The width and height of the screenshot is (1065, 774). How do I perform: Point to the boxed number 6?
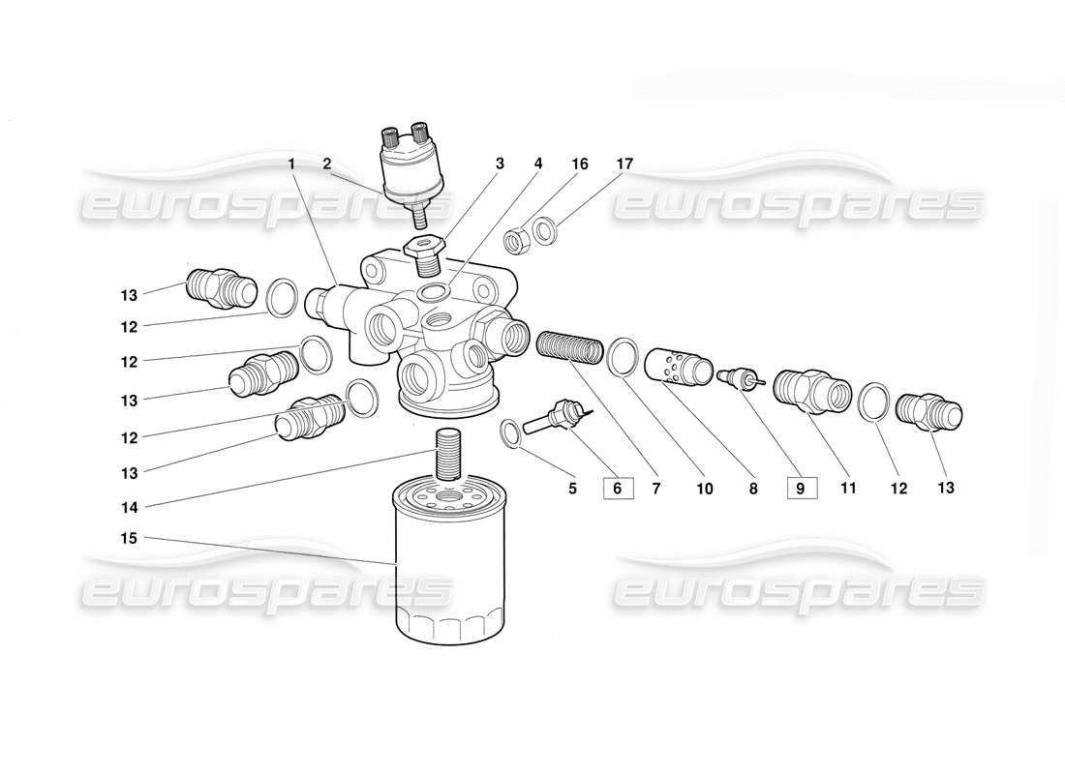click(618, 489)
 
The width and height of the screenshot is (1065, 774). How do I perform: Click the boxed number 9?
click(801, 489)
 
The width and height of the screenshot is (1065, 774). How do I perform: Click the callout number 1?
click(291, 164)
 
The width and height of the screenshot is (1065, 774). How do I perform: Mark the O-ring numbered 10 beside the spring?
click(622, 356)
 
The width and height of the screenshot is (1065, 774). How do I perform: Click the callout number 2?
click(326, 164)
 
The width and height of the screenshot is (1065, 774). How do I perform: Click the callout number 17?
click(624, 164)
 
